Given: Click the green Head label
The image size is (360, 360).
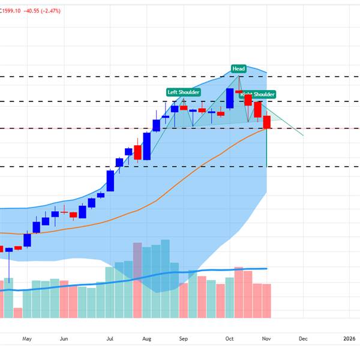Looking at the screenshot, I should click(238, 69).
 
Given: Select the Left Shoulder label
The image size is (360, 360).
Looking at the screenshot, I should click(183, 92).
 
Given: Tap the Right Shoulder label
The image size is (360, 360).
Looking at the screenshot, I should click(257, 95).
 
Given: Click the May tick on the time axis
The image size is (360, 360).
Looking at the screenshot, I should click(26, 338).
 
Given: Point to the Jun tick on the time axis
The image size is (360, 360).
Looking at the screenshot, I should click(64, 338).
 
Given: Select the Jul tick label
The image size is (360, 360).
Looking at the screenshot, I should click(110, 338).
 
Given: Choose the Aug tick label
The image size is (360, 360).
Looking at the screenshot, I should click(147, 338).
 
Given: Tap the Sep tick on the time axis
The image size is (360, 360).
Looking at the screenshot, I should click(184, 338).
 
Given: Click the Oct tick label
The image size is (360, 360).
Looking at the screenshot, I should click(229, 338).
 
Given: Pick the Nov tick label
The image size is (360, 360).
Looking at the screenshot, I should click(266, 338).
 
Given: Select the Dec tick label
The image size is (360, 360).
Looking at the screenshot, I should click(303, 338).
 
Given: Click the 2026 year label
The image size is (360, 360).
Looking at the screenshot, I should click(349, 338).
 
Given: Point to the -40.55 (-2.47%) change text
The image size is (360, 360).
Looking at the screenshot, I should click(42, 11).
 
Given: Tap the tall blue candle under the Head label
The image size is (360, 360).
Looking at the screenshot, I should click(229, 98).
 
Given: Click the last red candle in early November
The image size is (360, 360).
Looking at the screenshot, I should click(266, 122).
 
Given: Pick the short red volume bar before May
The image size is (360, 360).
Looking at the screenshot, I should click(17, 313).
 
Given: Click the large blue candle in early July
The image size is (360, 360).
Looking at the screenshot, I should click(110, 181).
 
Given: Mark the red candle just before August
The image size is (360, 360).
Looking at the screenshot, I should click(137, 152).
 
